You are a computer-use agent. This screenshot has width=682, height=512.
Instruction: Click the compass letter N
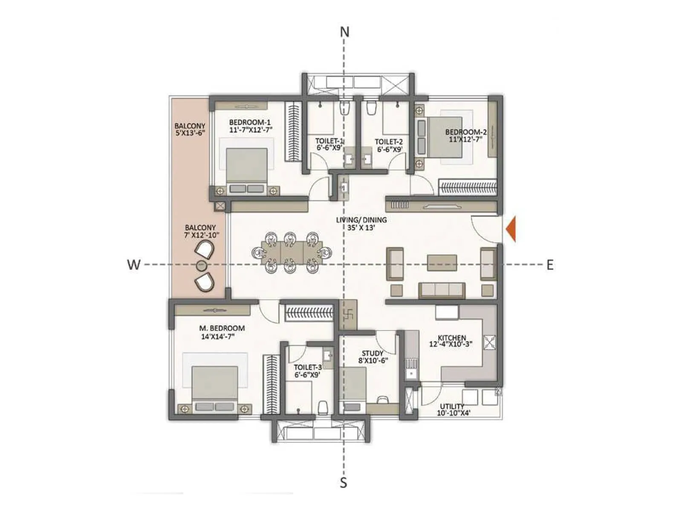pyautogui.click(x=344, y=32)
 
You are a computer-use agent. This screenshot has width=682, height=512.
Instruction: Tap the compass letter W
pyautogui.click(x=133, y=265)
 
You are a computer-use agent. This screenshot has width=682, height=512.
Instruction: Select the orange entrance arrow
pyautogui.click(x=511, y=229)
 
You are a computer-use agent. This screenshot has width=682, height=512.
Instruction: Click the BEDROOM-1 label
pyautogui.click(x=250, y=122)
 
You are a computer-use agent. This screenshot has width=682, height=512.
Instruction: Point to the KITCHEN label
pyautogui.click(x=452, y=337)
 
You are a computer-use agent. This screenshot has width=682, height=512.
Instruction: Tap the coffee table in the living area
pyautogui.click(x=442, y=263)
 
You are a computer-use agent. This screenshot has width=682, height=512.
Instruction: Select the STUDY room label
pyautogui.click(x=373, y=353)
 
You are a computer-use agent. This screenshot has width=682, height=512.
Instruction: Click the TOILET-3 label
pyautogui.click(x=307, y=367)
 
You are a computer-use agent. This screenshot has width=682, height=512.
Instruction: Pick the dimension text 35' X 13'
pyautogui.click(x=361, y=228)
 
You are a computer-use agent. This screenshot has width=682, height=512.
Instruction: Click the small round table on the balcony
pyautogui.click(x=201, y=266)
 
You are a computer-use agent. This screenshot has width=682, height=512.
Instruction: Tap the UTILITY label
pyautogui.click(x=452, y=406)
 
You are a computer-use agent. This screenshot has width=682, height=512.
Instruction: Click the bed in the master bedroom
pyautogui.click(x=214, y=386)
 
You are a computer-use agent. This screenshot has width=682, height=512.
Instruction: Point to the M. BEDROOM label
pyautogui.click(x=222, y=328)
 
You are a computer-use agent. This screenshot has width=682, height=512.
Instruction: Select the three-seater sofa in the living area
pyautogui.click(x=442, y=290)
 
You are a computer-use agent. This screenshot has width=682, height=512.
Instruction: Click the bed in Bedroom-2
pyautogui.click(x=444, y=137)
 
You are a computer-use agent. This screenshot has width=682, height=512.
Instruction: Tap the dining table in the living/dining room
pyautogui.click(x=290, y=253)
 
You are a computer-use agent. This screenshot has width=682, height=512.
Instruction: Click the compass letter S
pyautogui.click(x=344, y=483)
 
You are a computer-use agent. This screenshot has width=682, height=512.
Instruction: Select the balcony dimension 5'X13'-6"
pyautogui.click(x=190, y=133)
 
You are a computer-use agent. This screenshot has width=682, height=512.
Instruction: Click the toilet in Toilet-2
pyautogui.click(x=371, y=108)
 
